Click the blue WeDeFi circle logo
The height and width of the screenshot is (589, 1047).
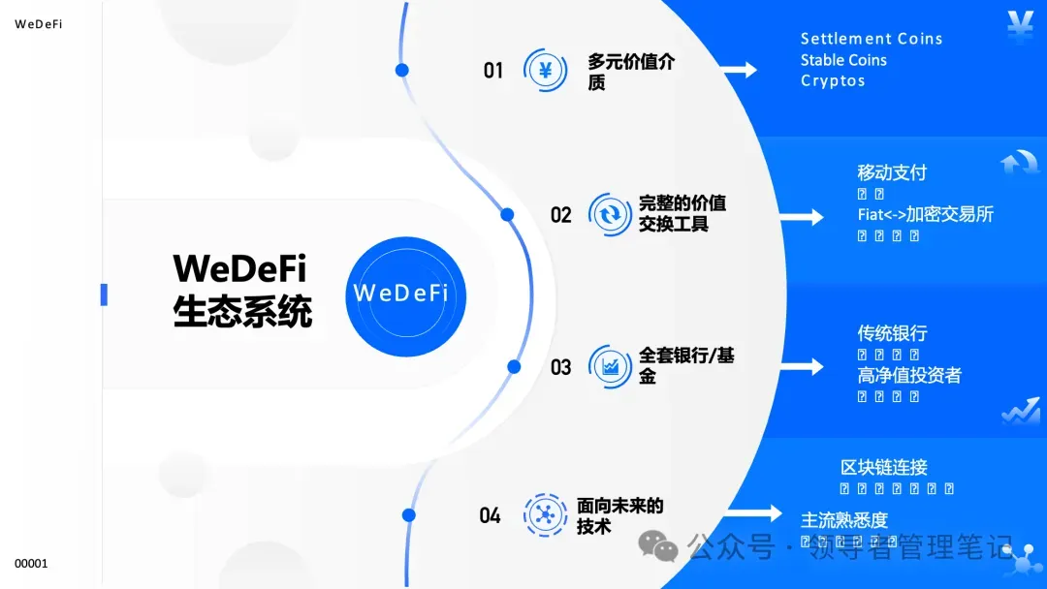tap(405, 294)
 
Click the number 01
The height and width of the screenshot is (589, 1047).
tap(493, 71)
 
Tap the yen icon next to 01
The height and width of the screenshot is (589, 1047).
tap(545, 71)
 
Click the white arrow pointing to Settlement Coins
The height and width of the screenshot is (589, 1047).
tap(739, 70)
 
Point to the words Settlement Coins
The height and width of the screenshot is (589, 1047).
tap(871, 39)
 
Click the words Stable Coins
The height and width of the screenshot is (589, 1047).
tap(842, 60)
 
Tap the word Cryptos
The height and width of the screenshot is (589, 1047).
tap(832, 80)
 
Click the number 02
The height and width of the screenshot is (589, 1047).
tap(560, 215)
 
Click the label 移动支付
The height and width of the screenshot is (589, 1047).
tap(892, 172)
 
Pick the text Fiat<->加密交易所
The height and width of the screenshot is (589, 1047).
tap(925, 214)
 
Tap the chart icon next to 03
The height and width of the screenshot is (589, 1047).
tap(611, 366)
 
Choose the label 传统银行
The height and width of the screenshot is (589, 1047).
tap(892, 333)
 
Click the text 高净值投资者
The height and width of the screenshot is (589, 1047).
tap(909, 375)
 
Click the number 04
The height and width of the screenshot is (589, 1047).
tap(490, 515)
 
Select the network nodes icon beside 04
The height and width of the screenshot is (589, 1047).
tap(545, 514)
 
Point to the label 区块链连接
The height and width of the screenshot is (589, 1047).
tap(884, 467)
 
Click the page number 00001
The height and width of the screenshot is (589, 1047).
tap(31, 564)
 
